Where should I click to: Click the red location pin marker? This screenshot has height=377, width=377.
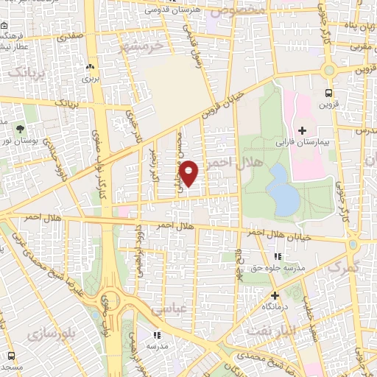[x=189, y=172]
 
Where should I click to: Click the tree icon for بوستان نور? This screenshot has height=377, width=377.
[x=30, y=110]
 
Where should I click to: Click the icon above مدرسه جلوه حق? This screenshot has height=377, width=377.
[x=278, y=256]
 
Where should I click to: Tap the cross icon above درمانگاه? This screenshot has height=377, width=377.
[x=275, y=295]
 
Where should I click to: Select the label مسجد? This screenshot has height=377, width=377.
[x=11, y=366]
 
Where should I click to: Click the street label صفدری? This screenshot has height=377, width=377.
[x=77, y=33]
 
